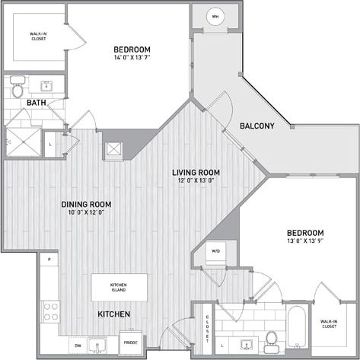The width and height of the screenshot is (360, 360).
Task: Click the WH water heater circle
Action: (x=215, y=17)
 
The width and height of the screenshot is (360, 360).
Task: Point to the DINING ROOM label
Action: (x=87, y=204)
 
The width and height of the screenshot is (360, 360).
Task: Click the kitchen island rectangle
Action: (x=119, y=286)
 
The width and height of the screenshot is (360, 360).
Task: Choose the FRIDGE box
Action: (x=130, y=342)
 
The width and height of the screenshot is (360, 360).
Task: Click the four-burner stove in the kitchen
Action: (x=51, y=311)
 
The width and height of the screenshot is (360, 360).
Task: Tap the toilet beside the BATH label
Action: (x=18, y=89)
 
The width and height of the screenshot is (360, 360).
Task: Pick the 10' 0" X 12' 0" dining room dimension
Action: (x=87, y=213)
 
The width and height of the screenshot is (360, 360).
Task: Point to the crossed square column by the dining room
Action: (x=114, y=149)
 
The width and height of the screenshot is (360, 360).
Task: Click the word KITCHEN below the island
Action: (x=113, y=314)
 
